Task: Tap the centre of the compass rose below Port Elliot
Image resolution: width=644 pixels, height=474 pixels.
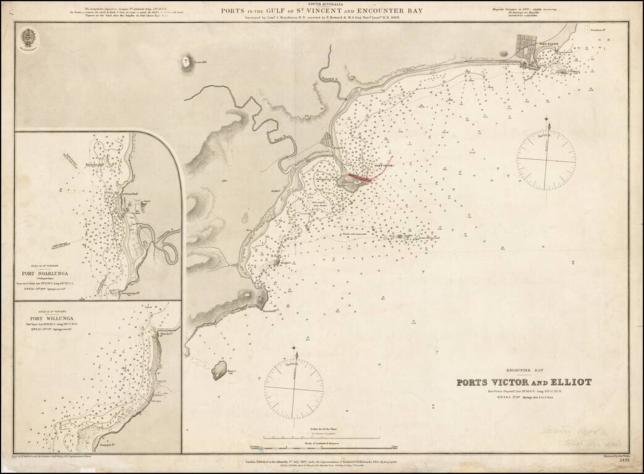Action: [x=546, y=160]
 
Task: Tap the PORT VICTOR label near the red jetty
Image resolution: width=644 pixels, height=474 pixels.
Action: [x=383, y=165]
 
